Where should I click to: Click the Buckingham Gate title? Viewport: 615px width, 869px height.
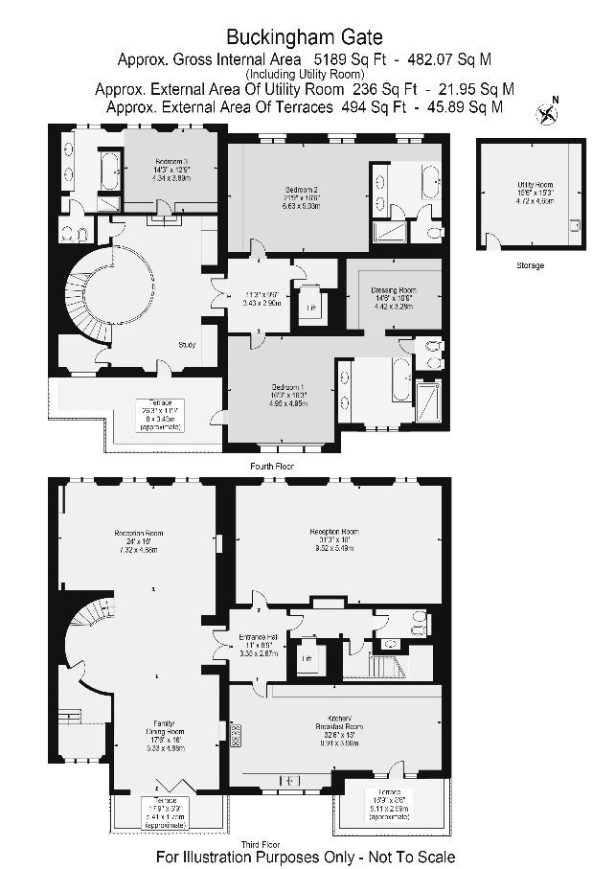tap(304, 37)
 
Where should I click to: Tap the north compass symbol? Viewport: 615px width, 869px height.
tap(547, 114)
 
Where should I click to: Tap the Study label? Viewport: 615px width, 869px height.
tap(187, 345)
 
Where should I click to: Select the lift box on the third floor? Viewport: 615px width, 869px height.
tap(307, 660)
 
